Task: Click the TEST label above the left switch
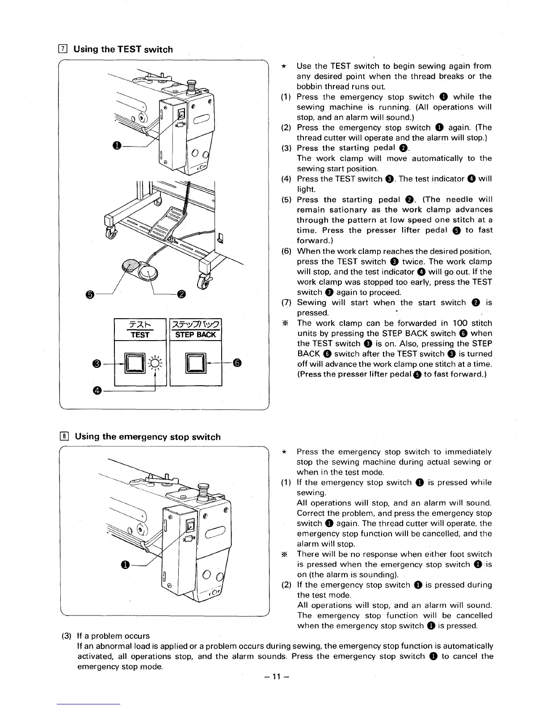[x=140, y=335]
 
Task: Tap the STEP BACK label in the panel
[x=196, y=335]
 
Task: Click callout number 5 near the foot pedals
[x=90, y=294]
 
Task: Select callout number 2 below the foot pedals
[x=181, y=294]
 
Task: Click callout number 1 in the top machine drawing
[x=117, y=146]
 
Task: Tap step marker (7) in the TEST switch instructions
[x=286, y=303]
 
